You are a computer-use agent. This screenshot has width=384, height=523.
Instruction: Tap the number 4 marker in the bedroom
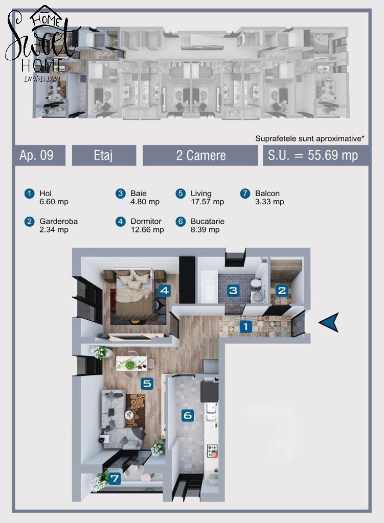coord(164,291)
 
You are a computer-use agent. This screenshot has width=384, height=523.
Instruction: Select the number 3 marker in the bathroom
coord(233,290)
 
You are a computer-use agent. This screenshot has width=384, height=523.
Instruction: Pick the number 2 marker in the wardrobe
coord(282,291)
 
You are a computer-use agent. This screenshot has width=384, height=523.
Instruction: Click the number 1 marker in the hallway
coord(246,326)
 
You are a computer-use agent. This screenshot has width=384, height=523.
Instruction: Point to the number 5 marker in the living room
coord(147,384)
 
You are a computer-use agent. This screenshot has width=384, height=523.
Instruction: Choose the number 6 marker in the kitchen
coord(188,415)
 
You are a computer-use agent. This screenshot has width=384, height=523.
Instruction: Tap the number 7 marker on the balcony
coord(115,479)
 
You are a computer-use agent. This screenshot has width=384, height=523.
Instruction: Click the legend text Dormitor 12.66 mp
coord(147,225)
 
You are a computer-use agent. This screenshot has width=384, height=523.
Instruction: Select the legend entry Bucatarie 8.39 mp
coord(208,225)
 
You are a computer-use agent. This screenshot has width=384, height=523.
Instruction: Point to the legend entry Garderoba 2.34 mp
coord(58,225)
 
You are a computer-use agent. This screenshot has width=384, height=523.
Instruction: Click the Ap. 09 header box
coord(40,155)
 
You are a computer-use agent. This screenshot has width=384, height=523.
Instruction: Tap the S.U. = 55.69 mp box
coord(316,155)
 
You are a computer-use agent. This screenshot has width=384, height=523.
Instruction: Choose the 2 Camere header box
coord(200,155)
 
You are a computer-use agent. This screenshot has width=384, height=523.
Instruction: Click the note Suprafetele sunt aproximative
coord(309,138)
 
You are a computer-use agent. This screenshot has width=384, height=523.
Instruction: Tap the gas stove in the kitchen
coord(212,450)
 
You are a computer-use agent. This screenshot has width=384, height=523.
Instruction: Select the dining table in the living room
coord(131,363)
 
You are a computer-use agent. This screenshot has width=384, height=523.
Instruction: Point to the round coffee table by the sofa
coord(128,415)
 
